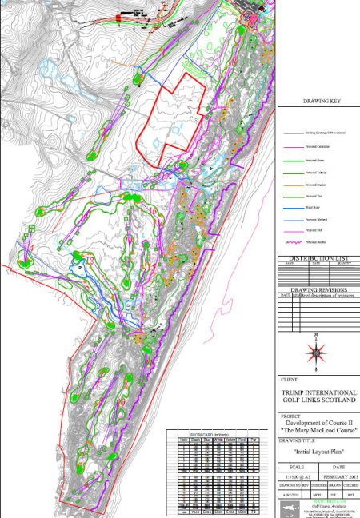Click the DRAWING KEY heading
pos(318,102)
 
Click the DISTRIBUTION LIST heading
pos(318,259)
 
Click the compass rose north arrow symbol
pos(318,351)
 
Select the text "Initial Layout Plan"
pos(318,451)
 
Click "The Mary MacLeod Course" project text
pos(318,432)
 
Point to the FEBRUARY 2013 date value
pos(338,476)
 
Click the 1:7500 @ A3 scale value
pos(298,476)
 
